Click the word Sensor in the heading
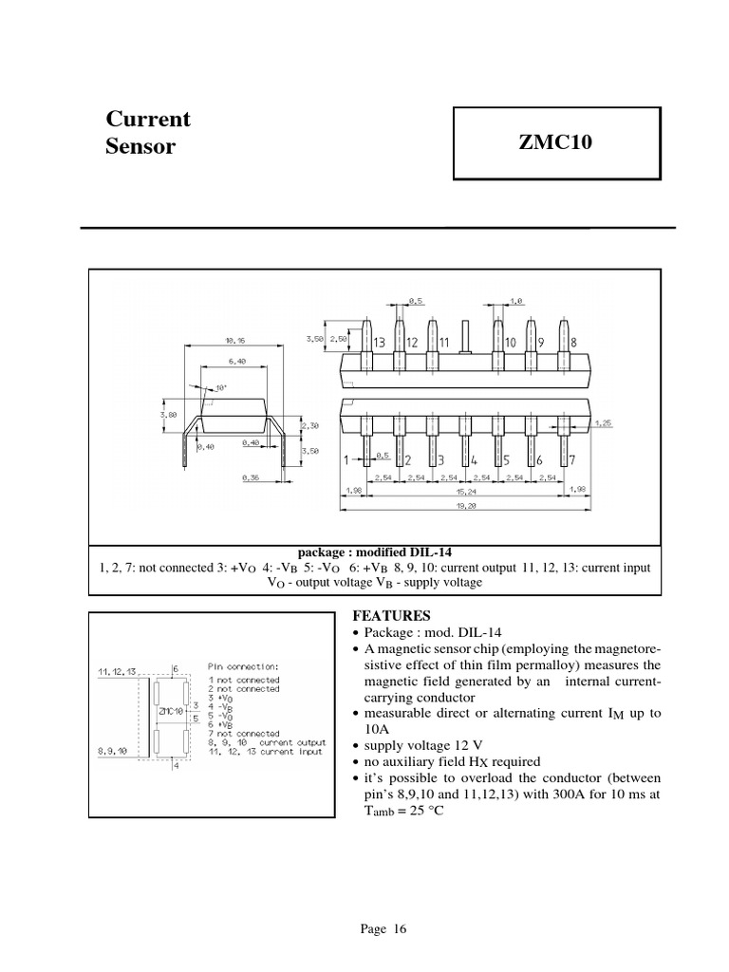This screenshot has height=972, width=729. [x=140, y=147]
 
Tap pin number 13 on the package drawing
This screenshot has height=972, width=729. [x=379, y=342]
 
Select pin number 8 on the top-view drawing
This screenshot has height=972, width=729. [x=573, y=342]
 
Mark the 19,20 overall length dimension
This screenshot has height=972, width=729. [x=463, y=507]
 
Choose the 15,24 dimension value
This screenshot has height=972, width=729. [x=463, y=493]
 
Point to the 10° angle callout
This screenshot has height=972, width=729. [x=221, y=388]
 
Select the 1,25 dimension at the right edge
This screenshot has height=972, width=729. [x=603, y=421]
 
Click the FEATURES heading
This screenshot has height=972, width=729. [x=378, y=616]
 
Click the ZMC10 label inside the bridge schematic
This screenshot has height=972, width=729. [x=172, y=710]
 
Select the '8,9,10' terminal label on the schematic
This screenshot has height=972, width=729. [x=114, y=749]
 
